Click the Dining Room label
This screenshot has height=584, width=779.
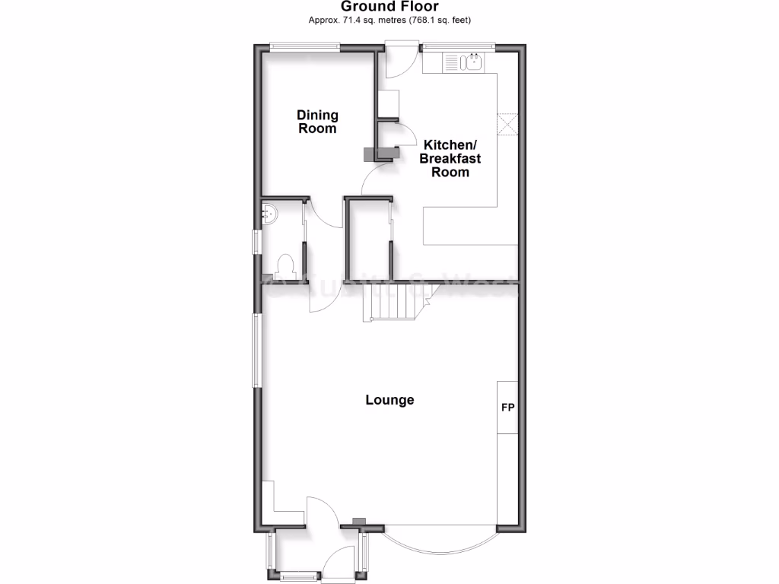coord(317,122)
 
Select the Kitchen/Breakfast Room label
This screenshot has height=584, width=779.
coord(451,158)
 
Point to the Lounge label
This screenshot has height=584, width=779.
coord(389,400)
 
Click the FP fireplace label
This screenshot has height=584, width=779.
coord(507,407)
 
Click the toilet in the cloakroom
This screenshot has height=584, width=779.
coord(286,265)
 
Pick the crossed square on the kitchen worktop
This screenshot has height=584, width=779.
coord(507,124)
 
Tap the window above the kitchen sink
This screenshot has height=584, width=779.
coord(458,47)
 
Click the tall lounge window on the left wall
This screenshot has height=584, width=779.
coord(256,351)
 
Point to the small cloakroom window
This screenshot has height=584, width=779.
coord(257,243)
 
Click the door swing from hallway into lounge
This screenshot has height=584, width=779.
coord(320,297)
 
